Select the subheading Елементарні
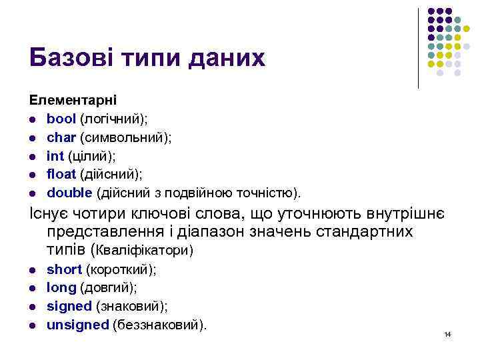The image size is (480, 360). (73, 100)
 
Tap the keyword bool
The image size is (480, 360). (61, 119)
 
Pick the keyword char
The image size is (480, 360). (61, 137)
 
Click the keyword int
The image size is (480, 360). (55, 156)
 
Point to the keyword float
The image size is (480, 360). (61, 175)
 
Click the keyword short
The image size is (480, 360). (64, 269)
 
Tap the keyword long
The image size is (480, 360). (61, 288)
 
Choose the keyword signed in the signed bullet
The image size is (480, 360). (69, 307)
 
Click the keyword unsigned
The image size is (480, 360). (77, 325)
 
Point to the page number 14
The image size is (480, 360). (447, 333)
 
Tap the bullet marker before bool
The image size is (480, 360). (32, 119)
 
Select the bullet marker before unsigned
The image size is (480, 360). (32, 326)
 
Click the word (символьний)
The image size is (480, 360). (126, 137)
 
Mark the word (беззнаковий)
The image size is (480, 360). (159, 325)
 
